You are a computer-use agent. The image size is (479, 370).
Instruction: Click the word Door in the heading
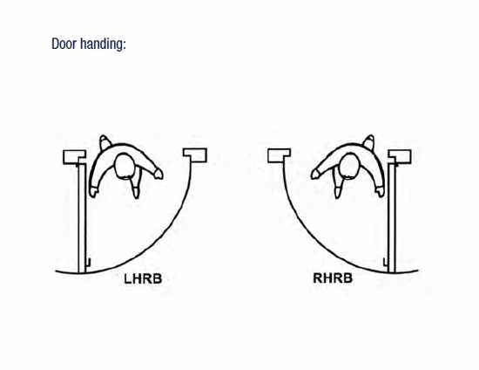[64, 44]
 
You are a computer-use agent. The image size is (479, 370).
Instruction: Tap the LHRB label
[143, 278]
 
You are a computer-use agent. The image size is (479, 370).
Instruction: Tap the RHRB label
[333, 277]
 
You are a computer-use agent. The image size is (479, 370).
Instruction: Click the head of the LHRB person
[125, 166]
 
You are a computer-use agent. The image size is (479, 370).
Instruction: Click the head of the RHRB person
[349, 166]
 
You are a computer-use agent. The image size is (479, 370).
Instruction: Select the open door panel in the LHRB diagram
[82, 218]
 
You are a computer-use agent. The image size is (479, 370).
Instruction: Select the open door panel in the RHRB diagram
[392, 218]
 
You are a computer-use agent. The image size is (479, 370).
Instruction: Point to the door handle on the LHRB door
[88, 263]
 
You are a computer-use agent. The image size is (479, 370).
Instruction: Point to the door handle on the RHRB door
[386, 263]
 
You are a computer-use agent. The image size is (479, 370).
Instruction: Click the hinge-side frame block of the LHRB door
[75, 157]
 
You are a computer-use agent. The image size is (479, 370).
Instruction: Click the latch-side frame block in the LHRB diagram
[195, 155]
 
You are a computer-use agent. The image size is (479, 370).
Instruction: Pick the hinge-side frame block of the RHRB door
[400, 157]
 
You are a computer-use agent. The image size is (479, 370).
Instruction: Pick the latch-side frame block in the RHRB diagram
[279, 156]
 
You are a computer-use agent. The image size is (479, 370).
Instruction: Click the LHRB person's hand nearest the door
[93, 192]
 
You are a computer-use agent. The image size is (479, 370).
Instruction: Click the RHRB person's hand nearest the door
[381, 192]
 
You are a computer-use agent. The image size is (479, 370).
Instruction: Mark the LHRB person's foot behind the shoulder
[105, 141]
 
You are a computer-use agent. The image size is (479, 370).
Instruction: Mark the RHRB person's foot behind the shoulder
[369, 141]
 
